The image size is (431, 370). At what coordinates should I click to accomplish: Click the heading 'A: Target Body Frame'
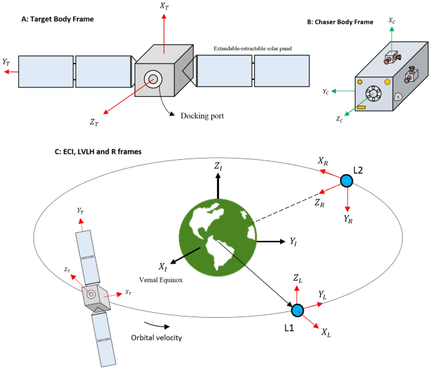[x=57, y=19]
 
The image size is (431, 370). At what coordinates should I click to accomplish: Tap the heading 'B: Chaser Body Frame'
[x=340, y=21]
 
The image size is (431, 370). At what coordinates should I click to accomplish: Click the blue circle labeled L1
[x=298, y=310]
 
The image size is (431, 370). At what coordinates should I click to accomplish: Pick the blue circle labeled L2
[x=346, y=181]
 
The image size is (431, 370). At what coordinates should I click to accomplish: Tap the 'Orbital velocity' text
[x=157, y=337]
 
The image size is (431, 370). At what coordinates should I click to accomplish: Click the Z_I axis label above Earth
[x=218, y=166]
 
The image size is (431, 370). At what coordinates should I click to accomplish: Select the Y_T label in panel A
[x=6, y=62]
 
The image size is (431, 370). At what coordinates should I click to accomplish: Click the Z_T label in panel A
[x=94, y=123]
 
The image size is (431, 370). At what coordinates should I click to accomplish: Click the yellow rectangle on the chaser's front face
[x=361, y=107]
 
